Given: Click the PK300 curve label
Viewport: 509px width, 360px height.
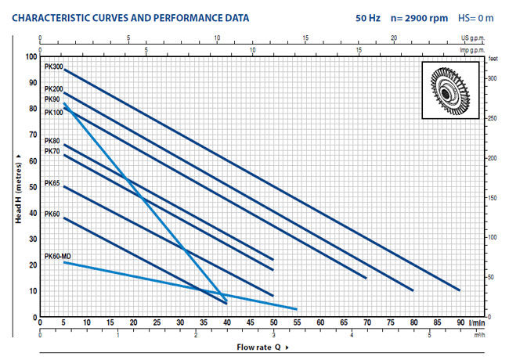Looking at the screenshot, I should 52,67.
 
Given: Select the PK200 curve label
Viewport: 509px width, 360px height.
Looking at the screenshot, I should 52,89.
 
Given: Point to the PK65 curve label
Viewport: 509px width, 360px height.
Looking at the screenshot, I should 52,182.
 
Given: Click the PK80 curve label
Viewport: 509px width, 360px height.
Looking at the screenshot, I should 52,141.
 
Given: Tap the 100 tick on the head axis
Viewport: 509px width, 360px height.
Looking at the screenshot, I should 32,56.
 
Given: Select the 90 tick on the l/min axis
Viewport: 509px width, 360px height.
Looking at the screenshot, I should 459,322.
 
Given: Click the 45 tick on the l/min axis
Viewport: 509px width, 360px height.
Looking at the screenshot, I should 250,322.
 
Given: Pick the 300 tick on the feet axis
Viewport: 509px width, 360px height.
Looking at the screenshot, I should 492,79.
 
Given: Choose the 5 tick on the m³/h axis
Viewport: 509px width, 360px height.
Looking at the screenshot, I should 430,336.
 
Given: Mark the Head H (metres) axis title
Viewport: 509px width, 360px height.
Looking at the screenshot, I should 17,187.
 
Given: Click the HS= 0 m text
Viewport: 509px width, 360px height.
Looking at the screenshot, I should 478,15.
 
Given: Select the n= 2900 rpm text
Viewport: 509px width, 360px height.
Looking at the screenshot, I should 408,15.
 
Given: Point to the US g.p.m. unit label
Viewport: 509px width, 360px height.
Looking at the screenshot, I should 472,38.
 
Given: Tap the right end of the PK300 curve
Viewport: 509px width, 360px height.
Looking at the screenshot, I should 459,290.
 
